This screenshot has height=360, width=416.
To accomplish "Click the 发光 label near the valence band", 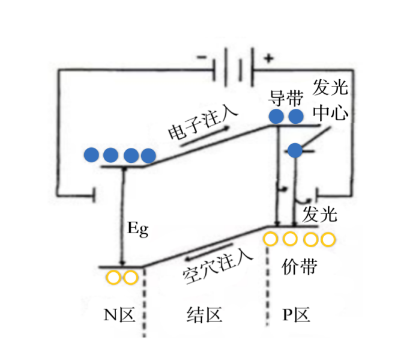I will pyautogui.click(x=320, y=214).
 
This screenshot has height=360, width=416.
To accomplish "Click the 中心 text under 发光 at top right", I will pyautogui.click(x=330, y=114).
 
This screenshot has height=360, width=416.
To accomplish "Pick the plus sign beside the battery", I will pyautogui.click(x=268, y=58).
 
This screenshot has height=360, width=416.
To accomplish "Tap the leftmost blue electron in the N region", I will pyautogui.click(x=91, y=154).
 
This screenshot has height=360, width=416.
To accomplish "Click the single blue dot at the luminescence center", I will pyautogui.click(x=294, y=151).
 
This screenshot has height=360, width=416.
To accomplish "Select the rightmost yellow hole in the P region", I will pyautogui.click(x=328, y=240).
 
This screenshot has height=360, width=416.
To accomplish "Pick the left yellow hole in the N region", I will pyautogui.click(x=112, y=278).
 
